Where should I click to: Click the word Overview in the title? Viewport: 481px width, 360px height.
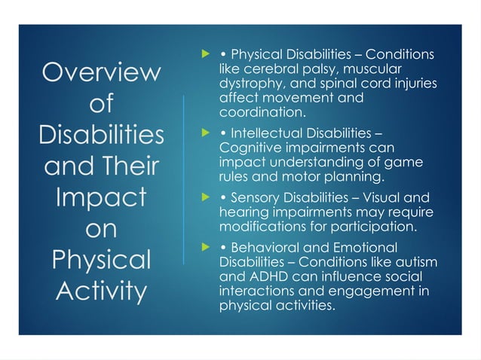101,73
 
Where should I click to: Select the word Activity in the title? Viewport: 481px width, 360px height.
101,290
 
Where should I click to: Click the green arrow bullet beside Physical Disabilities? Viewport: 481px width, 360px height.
202,55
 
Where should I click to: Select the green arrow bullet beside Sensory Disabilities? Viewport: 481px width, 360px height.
202,198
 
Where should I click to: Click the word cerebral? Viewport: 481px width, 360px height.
261,69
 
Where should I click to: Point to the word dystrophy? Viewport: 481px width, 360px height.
247,84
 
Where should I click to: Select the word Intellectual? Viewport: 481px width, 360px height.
266,134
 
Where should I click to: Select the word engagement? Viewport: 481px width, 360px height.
375,291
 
